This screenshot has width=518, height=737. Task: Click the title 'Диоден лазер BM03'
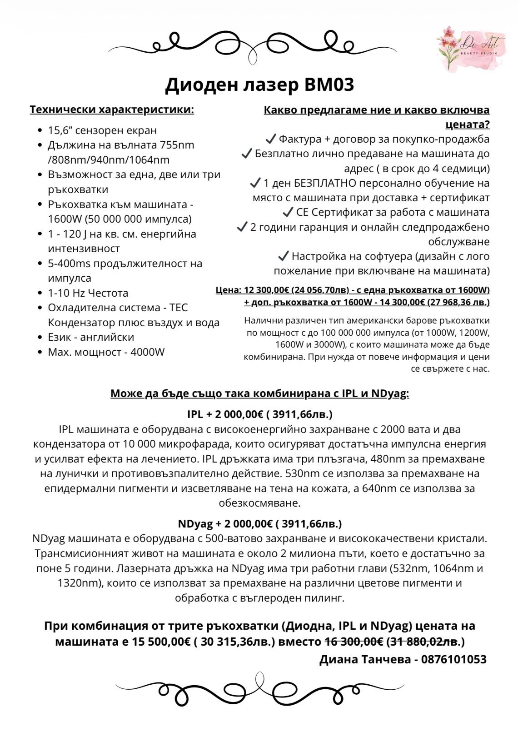(259, 85)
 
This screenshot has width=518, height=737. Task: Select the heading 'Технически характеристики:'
(112, 110)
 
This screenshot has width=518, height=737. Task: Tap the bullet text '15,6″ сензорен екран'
(102, 130)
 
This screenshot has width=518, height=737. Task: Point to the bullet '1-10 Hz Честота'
(88, 293)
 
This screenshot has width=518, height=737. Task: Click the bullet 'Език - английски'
(91, 337)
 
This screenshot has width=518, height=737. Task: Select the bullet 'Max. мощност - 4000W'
(106, 352)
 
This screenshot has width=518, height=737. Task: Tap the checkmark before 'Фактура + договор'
(270, 139)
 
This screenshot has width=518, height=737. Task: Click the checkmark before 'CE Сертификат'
(288, 212)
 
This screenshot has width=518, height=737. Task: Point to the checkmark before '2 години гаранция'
(242, 227)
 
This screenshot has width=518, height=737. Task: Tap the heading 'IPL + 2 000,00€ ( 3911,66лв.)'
(259, 414)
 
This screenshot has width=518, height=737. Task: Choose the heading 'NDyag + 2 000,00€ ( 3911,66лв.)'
(259, 524)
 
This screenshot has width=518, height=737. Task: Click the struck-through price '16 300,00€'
(354, 642)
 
